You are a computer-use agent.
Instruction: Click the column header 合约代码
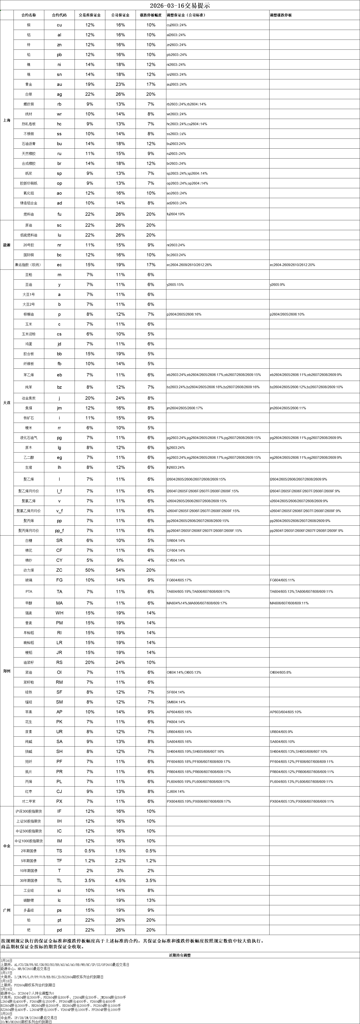pos(59,15)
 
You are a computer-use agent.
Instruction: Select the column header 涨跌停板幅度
pos(151,15)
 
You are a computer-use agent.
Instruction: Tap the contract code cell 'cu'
pos(59,25)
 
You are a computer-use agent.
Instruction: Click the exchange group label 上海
pos(6,120)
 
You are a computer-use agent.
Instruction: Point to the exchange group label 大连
pos(6,403)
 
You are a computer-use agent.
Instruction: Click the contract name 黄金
pos(29,84)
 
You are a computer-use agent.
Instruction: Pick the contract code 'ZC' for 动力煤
pos(59,570)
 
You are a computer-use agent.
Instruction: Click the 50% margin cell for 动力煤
pos(90,570)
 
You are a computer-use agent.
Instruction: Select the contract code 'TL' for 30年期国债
pos(59,881)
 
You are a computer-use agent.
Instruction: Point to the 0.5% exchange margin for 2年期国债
pos(90,851)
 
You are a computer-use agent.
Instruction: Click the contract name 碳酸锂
pos(29,900)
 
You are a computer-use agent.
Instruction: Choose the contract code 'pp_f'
pos(59,531)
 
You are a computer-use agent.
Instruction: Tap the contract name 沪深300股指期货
pos(29,811)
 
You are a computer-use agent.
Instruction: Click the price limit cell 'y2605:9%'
pos(277,285)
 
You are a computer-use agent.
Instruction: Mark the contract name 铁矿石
pos(29,418)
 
